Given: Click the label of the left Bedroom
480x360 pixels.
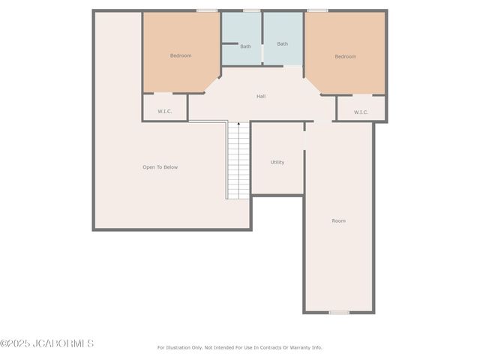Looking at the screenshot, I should [181, 55].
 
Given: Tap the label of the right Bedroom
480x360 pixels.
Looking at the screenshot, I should [345, 56].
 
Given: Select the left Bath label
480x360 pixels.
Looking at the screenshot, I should [245, 46].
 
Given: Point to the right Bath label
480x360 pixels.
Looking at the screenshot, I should [282, 43].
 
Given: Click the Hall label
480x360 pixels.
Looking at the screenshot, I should [261, 96].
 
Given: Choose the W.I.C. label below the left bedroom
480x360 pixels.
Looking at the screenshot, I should [164, 112].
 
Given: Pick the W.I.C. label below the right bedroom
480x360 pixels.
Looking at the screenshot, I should [361, 112].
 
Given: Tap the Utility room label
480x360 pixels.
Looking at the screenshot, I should [277, 162].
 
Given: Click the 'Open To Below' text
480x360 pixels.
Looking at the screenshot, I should [160, 167].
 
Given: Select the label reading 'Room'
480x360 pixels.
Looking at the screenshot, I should [339, 220].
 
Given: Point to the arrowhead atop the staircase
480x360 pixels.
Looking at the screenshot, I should [238, 124].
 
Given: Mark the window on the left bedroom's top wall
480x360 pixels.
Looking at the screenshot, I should [207, 10].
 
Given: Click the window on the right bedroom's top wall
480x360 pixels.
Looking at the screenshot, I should [317, 10].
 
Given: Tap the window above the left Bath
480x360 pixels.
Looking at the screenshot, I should [251, 10].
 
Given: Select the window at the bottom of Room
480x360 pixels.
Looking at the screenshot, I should [339, 312].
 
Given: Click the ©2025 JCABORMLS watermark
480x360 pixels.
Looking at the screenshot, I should [46, 343].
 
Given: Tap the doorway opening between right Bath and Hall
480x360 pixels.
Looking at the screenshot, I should [292, 66].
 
